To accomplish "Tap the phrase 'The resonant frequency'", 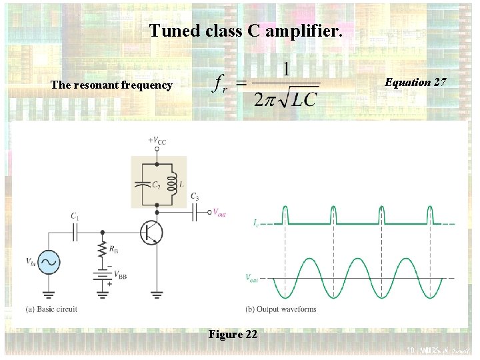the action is pyautogui.click(x=111, y=85).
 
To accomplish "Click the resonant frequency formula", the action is pyautogui.click(x=266, y=85).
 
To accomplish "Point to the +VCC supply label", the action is pyautogui.click(x=157, y=141).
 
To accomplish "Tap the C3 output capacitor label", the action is pyautogui.click(x=194, y=196).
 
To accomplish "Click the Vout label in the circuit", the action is pyautogui.click(x=219, y=212).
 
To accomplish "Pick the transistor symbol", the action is pyautogui.click(x=151, y=232).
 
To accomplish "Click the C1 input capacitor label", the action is pyautogui.click(x=75, y=216).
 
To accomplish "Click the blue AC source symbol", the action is pyautogui.click(x=49, y=262).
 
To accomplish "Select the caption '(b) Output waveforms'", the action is pyautogui.click(x=280, y=309).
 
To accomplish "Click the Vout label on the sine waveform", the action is pyautogui.click(x=251, y=277).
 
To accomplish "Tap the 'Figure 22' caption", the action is pyautogui.click(x=233, y=335).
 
